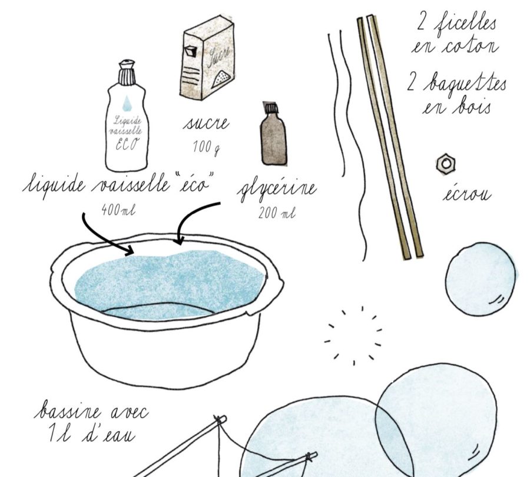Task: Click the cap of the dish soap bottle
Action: (127, 72)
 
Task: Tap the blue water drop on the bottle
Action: (127, 103)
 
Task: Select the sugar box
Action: (207, 58)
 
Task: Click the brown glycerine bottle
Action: (273, 134)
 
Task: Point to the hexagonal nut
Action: (446, 164)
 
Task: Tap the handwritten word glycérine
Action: (277, 190)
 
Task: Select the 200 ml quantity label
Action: (277, 213)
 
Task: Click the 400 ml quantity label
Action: (118, 210)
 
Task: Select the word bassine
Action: (68, 411)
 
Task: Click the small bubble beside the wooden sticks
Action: (481, 279)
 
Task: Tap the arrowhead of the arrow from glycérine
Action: (179, 240)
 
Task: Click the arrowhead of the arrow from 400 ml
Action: (130, 250)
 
